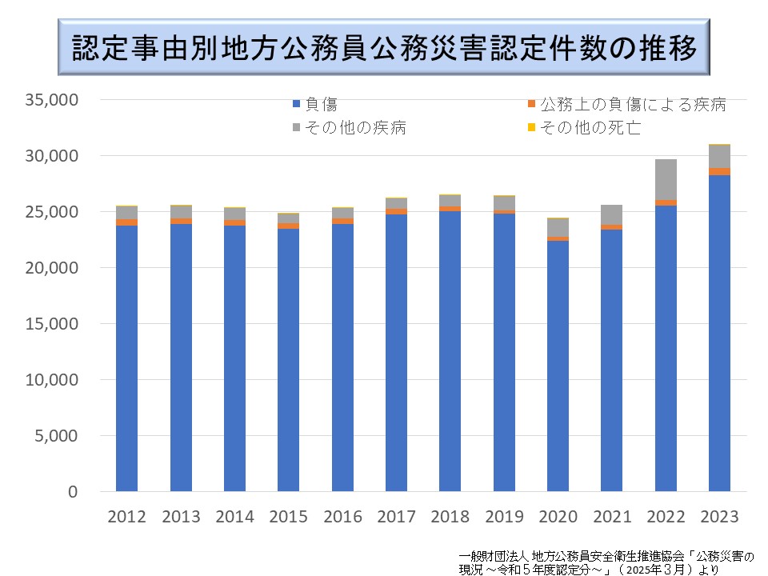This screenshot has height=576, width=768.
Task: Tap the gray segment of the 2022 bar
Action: [666, 180]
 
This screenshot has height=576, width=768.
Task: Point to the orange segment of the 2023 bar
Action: [719, 171]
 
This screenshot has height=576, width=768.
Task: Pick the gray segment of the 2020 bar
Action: [558, 227]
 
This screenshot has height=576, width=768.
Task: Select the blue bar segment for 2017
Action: [396, 353]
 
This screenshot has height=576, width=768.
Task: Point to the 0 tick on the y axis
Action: [71, 491]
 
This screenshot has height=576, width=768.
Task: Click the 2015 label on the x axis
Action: [288, 516]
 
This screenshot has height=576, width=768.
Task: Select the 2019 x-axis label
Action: [504, 516]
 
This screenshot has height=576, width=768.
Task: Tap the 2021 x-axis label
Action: [611, 516]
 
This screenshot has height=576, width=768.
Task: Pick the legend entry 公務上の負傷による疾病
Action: [631, 104]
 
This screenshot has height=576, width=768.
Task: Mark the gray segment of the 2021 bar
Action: [611, 214]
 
